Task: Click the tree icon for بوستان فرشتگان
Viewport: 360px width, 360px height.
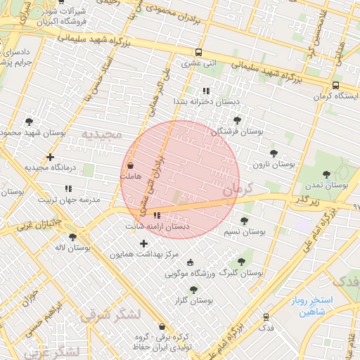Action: (237, 120)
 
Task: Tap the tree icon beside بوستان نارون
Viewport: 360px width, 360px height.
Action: (274, 153)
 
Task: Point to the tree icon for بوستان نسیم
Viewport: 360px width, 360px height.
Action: (244, 221)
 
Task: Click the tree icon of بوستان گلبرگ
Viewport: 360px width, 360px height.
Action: (241, 261)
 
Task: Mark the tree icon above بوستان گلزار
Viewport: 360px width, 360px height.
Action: (193, 289)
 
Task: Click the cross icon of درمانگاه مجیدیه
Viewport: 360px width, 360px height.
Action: (50, 157)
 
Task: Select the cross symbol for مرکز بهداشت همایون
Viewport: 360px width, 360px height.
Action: (144, 243)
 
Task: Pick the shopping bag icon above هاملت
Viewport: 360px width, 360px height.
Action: (131, 165)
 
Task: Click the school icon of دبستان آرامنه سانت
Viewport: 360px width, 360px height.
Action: (157, 216)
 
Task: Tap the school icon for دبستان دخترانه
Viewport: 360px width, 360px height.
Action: (206, 91)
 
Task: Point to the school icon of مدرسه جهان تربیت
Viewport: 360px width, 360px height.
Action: (68, 188)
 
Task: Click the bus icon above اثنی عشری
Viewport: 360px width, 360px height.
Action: (199, 52)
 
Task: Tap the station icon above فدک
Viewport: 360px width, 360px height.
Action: (266, 317)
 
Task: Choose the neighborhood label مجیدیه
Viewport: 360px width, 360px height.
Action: (101, 134)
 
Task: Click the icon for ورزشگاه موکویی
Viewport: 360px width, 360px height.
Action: (190, 262)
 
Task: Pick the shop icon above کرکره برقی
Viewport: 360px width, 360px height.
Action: (162, 326)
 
